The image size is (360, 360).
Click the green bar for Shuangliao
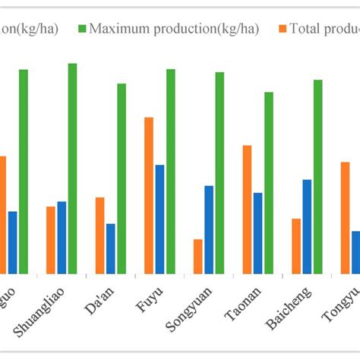72,168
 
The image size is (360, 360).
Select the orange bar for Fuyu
149,195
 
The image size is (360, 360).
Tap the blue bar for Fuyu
159,219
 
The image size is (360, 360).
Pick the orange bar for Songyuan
197,256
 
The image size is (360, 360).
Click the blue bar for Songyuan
209,229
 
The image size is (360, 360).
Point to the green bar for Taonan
268,182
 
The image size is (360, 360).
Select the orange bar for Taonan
247,209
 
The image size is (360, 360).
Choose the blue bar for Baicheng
307,226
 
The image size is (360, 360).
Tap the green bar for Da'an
122,178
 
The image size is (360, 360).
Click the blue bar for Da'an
111,248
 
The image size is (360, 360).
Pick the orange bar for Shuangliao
51,239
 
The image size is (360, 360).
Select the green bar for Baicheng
317,176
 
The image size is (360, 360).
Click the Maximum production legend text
174,29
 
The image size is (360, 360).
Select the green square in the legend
82,29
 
